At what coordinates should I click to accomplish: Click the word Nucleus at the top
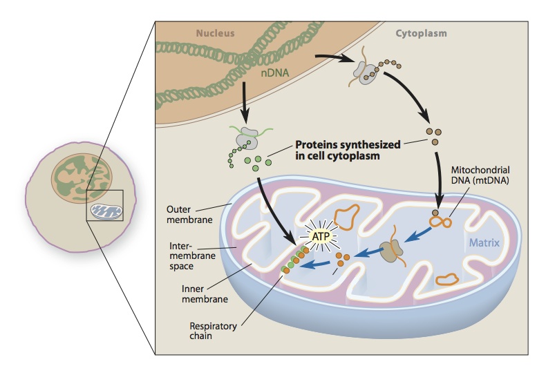point(216,32)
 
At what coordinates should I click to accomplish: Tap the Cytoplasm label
point(421,32)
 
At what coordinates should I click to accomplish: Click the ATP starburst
point(317,236)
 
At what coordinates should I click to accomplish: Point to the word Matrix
point(484,242)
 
